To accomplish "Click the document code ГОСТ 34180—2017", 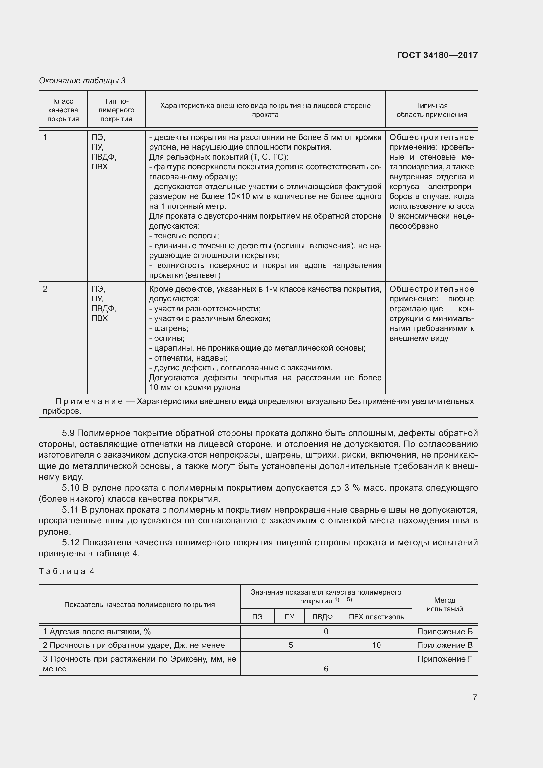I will pos(437,55).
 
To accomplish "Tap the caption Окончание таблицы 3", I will pos(82,81).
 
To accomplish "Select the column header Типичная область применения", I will pos(431,110).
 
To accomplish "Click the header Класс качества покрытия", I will pos(63,110).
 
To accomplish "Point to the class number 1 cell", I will pos(46,137).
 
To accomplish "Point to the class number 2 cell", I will pos(46,289).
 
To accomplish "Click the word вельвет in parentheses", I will pos(205,275).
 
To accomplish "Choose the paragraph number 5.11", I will pos(70,510).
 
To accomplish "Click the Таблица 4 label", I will pos(67,571).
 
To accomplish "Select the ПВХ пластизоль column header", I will pos(376,617).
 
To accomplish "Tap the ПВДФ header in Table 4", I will pos(322,617).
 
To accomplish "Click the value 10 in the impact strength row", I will pos(376,645).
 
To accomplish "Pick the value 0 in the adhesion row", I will pos(326,631).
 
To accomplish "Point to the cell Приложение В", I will pos(445,645).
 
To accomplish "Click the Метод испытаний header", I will pos(445,604).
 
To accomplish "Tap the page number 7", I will pos(474,697).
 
